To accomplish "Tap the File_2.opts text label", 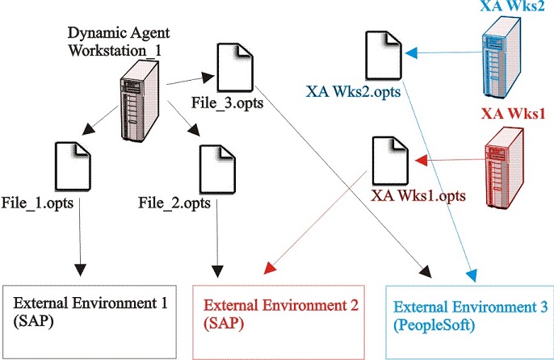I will (175, 201).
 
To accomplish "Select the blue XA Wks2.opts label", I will (354, 92).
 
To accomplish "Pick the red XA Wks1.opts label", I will (418, 195).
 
